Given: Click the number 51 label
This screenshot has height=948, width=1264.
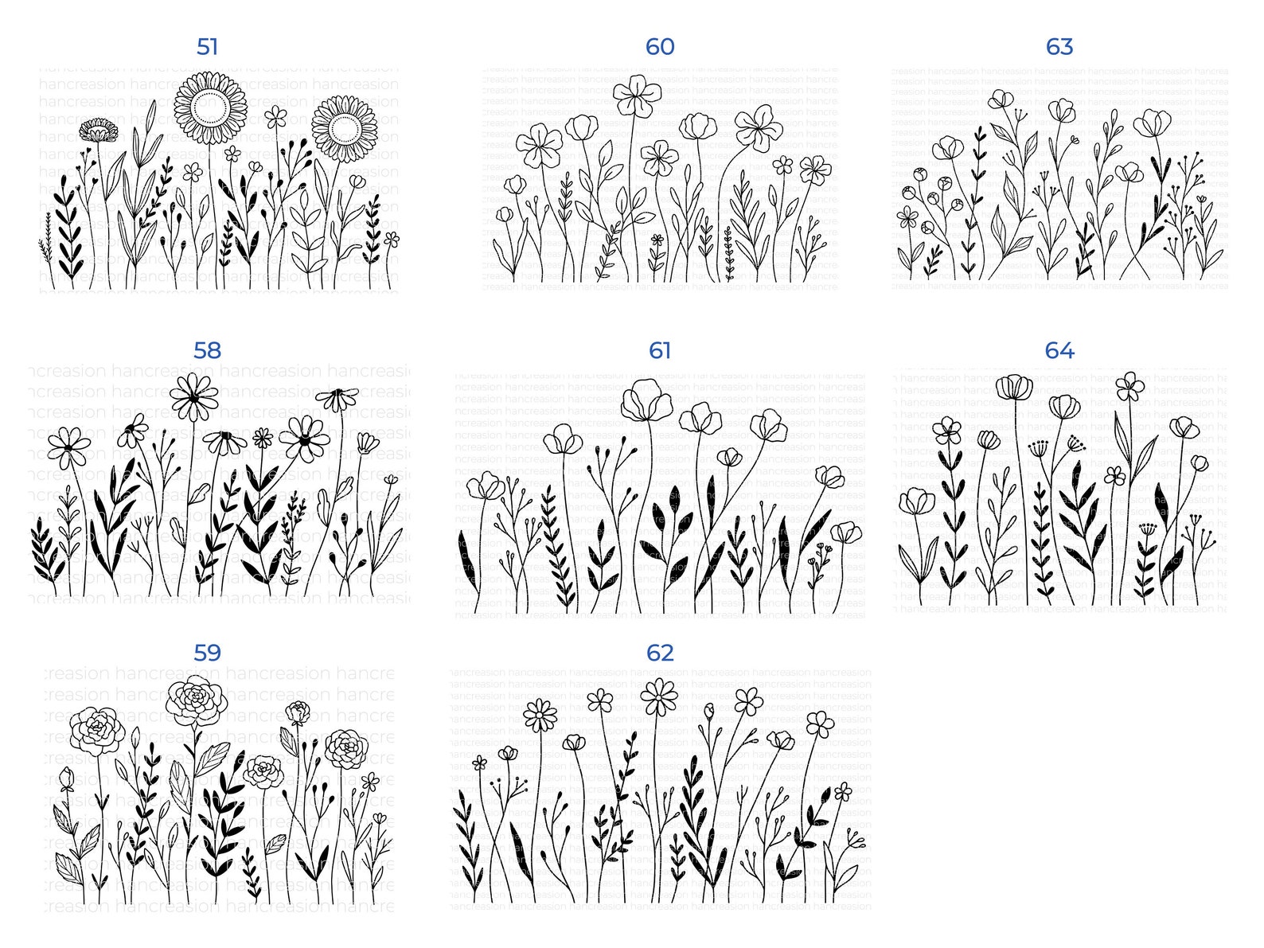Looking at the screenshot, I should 207,47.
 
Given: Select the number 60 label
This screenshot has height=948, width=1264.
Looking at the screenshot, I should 660,47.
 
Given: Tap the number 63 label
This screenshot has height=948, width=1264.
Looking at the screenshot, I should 1059,47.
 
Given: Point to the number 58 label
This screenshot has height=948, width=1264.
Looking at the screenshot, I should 207,350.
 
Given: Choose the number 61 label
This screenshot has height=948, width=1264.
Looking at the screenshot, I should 660,350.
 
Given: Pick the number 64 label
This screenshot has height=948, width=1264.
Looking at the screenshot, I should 1059,350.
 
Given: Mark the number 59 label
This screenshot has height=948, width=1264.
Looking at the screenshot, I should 207,653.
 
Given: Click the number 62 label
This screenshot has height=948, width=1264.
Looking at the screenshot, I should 660,653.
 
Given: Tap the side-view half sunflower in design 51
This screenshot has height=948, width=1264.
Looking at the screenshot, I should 99,130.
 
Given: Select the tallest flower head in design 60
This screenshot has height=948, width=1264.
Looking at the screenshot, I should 634,95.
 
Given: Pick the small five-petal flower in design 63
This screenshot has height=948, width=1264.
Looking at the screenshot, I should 907,216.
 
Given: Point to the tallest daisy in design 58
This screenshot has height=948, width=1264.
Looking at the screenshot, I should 194,396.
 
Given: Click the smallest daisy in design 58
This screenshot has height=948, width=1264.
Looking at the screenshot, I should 263,437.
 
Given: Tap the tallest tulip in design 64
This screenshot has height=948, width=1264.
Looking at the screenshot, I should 1014,387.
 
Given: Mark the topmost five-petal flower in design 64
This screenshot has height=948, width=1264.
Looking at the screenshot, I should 1129,386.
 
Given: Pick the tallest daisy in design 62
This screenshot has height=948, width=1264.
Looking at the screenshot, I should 659,697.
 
